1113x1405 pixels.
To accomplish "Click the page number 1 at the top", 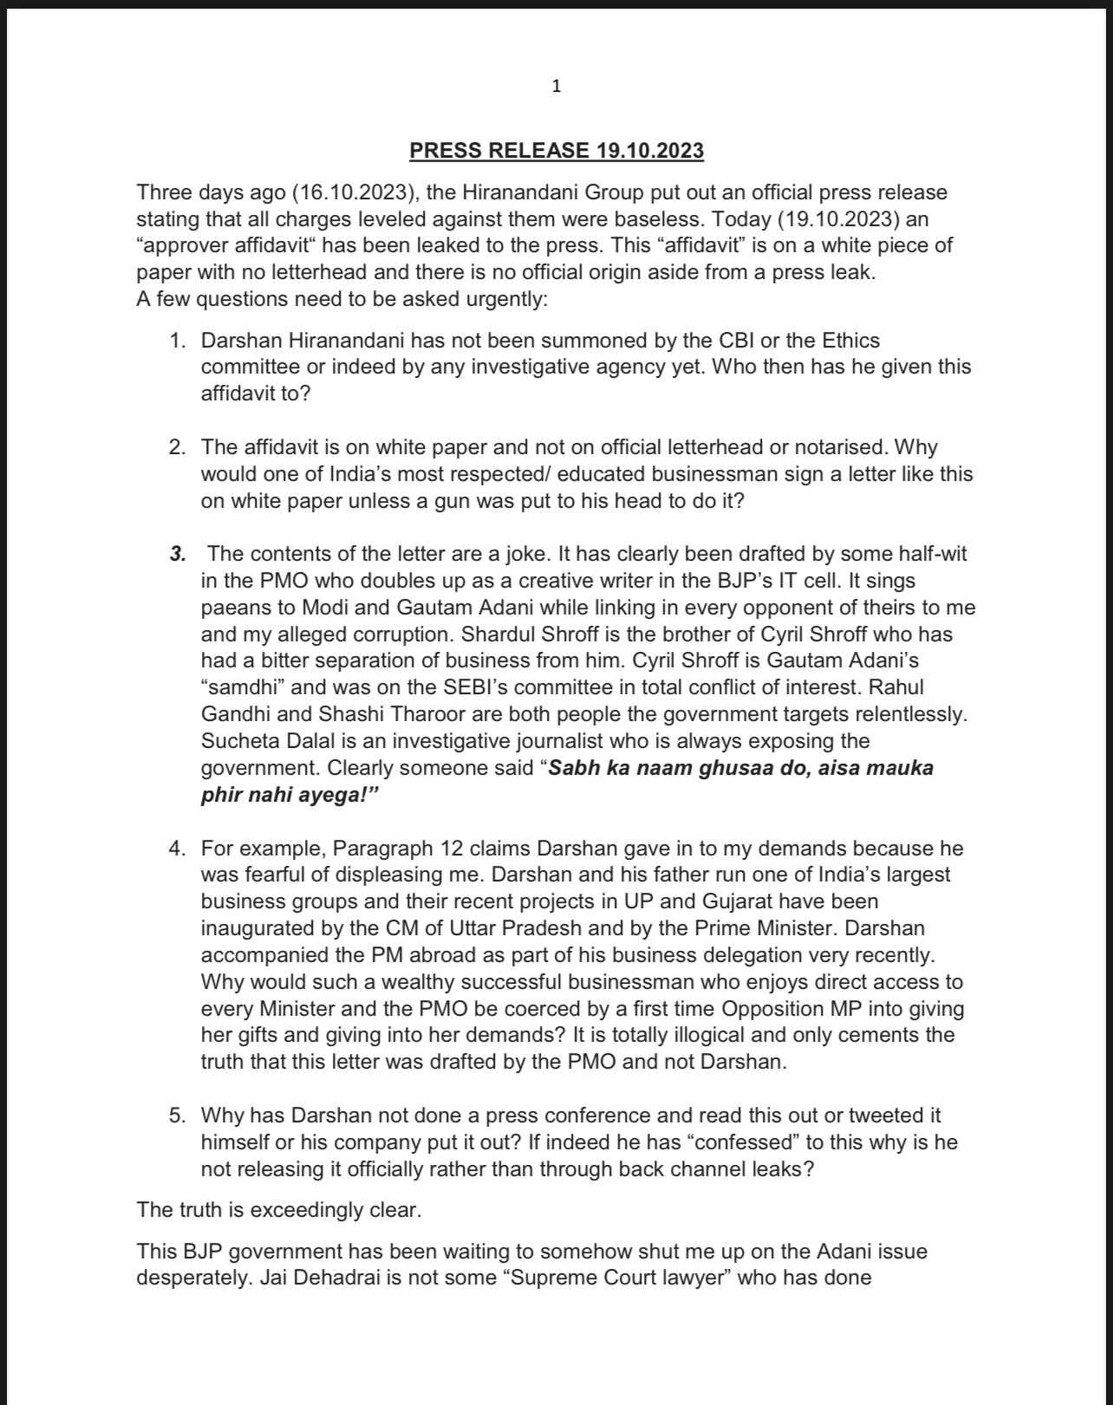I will pyautogui.click(x=556, y=86).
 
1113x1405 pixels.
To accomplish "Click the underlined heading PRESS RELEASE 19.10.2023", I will pyautogui.click(x=556, y=151).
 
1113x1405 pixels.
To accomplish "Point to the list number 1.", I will pyautogui.click(x=177, y=341).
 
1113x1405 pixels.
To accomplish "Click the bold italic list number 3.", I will pyautogui.click(x=178, y=554).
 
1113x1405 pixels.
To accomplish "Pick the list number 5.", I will pyautogui.click(x=177, y=1116).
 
